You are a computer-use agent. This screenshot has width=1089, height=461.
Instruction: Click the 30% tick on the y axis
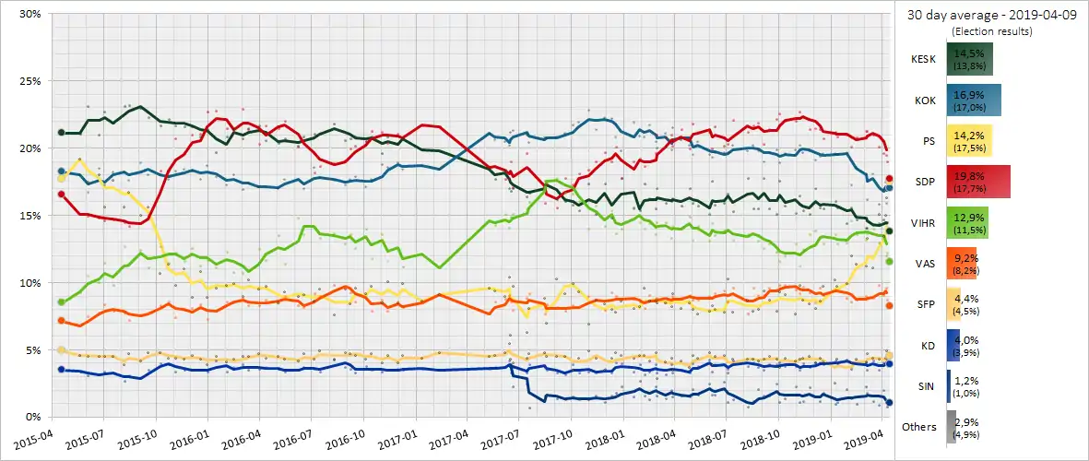[28, 14]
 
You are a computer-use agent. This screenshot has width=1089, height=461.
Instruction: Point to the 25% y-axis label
[28, 81]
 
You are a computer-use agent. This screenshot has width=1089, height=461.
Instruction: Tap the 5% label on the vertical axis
[30, 350]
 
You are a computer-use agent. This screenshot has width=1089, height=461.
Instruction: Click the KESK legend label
[922, 57]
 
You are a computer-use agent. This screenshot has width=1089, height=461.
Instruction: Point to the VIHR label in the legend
[921, 223]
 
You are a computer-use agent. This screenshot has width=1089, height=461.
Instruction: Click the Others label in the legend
[919, 427]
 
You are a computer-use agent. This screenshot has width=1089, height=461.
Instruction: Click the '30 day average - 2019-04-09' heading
[990, 15]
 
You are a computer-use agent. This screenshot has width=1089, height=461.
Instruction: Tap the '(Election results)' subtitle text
[991, 31]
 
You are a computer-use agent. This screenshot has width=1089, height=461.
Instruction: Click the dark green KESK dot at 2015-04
[62, 133]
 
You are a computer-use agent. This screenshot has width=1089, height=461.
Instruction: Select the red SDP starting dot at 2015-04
[62, 194]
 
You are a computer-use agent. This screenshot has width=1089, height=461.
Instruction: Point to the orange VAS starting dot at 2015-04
[62, 320]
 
